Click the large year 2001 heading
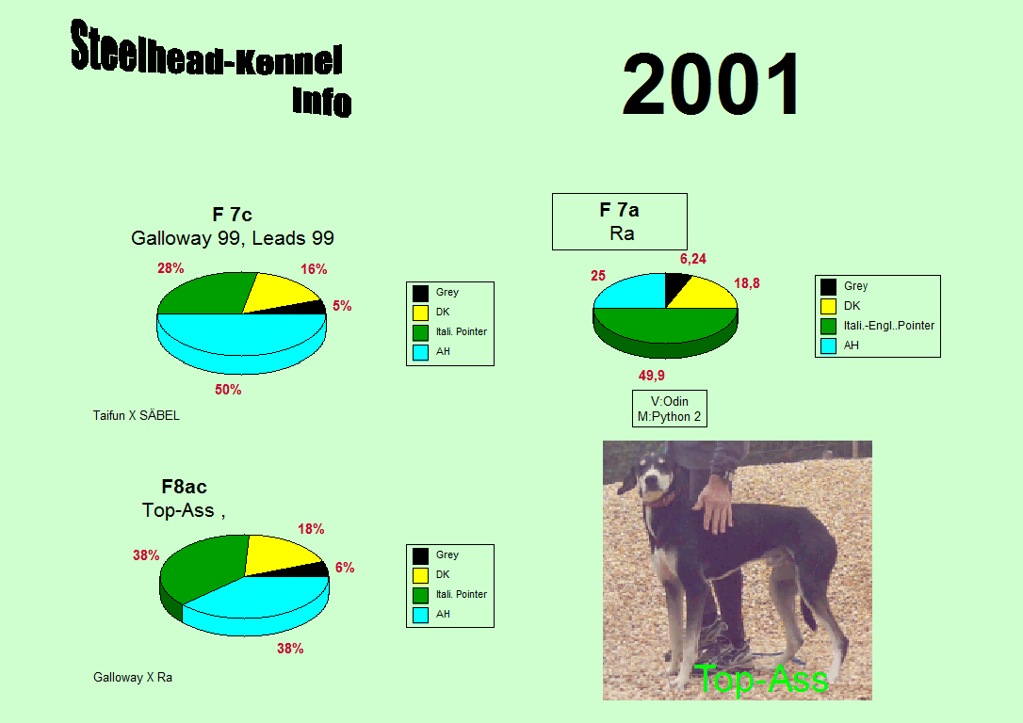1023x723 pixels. click(710, 84)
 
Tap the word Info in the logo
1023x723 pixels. click(321, 102)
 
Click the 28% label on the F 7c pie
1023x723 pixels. click(170, 268)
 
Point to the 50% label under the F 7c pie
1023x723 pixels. click(228, 390)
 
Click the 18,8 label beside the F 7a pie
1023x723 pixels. click(746, 283)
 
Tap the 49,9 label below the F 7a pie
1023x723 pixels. click(651, 376)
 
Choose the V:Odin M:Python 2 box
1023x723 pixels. click(670, 409)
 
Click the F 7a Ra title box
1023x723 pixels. click(619, 221)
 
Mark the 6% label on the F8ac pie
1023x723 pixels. click(345, 567)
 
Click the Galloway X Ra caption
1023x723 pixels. click(133, 678)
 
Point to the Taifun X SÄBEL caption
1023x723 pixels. click(136, 415)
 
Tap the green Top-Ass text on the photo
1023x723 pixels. click(761, 679)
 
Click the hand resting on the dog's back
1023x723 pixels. click(714, 502)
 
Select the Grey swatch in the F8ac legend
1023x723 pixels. click(420, 555)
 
